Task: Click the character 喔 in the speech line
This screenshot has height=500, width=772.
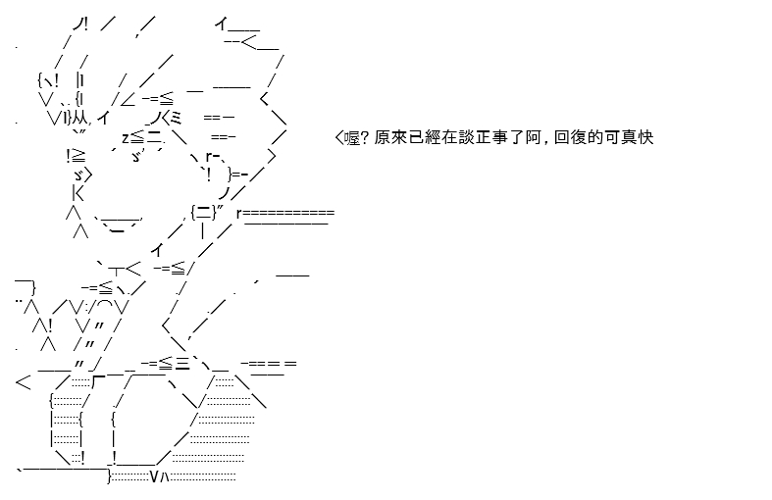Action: point(352,137)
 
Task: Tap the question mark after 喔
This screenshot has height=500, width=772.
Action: point(365,137)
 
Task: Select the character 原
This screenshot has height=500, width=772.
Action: point(383,137)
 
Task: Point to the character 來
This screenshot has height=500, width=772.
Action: point(399,137)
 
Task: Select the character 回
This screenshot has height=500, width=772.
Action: point(562,137)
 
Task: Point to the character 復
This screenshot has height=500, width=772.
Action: point(579,137)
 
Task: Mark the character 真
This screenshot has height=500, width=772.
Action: point(629,137)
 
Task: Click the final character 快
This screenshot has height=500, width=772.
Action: point(646,137)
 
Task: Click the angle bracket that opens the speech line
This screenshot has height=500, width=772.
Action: point(339,137)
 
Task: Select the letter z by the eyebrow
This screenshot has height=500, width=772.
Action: point(126,138)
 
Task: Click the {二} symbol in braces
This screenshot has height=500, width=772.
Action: point(204,213)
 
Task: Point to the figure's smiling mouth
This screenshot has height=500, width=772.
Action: point(117,224)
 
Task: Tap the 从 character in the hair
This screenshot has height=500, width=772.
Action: point(79,118)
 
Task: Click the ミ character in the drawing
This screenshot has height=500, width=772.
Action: point(176,118)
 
